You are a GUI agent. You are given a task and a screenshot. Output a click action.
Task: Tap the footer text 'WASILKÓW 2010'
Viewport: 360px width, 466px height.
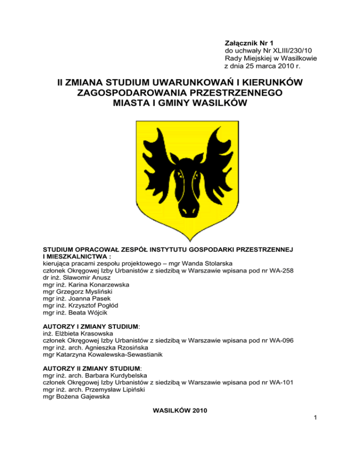tap(180, 411)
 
